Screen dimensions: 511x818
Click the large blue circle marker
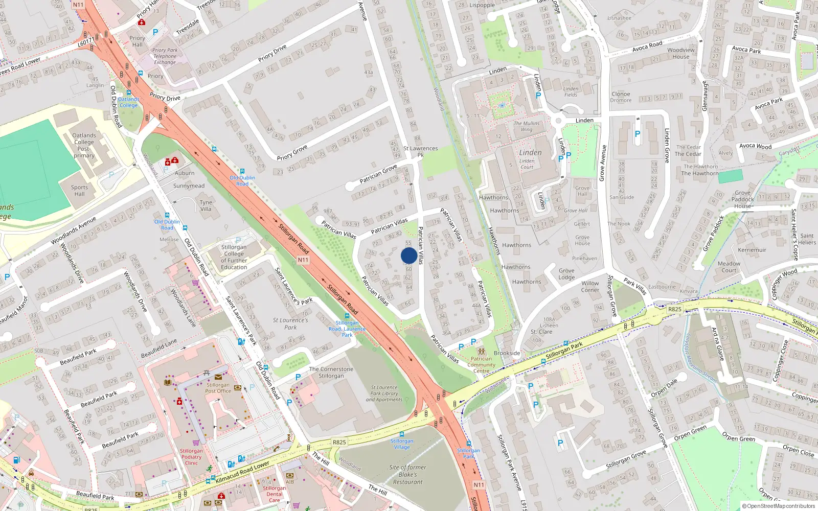tap(408, 255)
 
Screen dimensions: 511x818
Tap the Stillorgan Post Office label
tap(218, 388)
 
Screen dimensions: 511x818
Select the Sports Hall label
tap(79, 191)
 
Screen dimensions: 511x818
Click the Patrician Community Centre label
tap(481, 364)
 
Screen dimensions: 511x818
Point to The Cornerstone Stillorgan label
tap(331, 373)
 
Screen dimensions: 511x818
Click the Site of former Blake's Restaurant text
tap(407, 474)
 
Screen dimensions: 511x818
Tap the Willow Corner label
tap(590, 286)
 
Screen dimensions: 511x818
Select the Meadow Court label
tap(729, 267)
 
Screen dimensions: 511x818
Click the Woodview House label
tap(681, 53)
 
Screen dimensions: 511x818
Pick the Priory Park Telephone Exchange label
tap(165, 56)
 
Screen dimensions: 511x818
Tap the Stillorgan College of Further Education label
tap(234, 257)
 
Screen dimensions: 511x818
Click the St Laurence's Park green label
tap(290, 323)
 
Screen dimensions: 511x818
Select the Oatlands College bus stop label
tap(128, 102)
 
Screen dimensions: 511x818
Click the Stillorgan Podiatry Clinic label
tap(191, 457)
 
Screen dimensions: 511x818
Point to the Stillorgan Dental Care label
tap(275, 494)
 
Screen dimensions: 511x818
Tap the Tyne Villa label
tap(206, 205)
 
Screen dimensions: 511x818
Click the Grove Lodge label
tap(566, 274)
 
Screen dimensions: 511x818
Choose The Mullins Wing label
tap(527, 126)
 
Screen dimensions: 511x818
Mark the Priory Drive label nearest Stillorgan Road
tap(165, 97)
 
